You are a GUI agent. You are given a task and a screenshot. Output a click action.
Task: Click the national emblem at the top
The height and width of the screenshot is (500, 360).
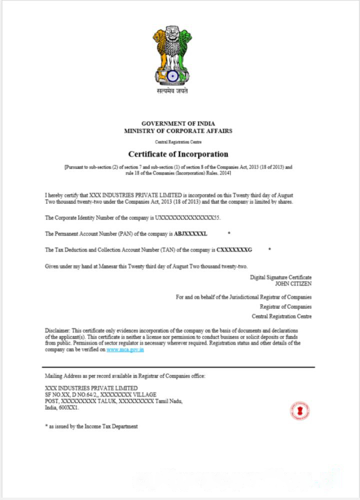[172, 55]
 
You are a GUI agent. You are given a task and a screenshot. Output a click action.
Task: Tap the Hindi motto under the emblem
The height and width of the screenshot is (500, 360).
[172, 91]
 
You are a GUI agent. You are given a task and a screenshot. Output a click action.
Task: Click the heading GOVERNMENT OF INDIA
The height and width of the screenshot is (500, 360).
[178, 123]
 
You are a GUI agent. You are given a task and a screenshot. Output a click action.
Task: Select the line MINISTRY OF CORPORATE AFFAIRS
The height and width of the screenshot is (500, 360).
[178, 131]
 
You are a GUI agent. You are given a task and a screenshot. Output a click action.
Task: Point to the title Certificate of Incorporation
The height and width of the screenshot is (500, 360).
[178, 154]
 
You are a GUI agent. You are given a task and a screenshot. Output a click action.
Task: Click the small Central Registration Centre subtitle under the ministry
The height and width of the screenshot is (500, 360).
[178, 142]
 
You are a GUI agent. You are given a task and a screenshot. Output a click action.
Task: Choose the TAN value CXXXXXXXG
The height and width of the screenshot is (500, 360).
[234, 249]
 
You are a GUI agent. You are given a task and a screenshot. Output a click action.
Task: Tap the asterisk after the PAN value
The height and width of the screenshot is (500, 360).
[228, 233]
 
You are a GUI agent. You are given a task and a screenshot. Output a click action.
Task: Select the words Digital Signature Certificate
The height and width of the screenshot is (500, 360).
[280, 277]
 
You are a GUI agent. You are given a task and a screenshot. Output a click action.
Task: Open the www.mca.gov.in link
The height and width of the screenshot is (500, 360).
[125, 350]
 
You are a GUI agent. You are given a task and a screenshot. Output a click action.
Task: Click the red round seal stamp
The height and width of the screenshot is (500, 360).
[299, 411]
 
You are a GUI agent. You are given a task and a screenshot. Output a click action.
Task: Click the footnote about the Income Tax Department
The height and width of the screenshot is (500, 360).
[91, 426]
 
